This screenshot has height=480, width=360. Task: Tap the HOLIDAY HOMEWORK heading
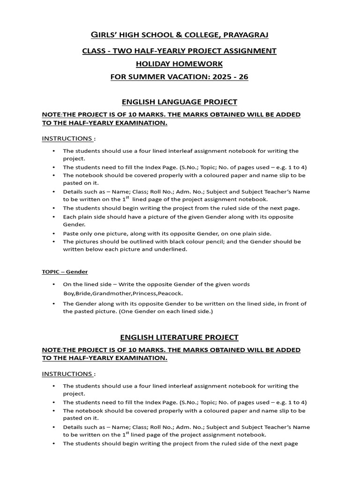pos(180,64)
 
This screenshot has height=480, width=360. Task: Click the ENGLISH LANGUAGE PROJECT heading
pos(180,102)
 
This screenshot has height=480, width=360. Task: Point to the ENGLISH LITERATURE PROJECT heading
pos(180,337)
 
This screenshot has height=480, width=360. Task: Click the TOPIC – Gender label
pos(65,272)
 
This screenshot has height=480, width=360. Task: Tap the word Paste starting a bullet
pos(71,233)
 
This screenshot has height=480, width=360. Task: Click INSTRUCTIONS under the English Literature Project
pos(67,374)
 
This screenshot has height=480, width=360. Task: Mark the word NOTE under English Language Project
pos(52,115)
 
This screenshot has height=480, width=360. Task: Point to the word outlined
pos(141,241)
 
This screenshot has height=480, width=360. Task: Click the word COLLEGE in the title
pos(189,35)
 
